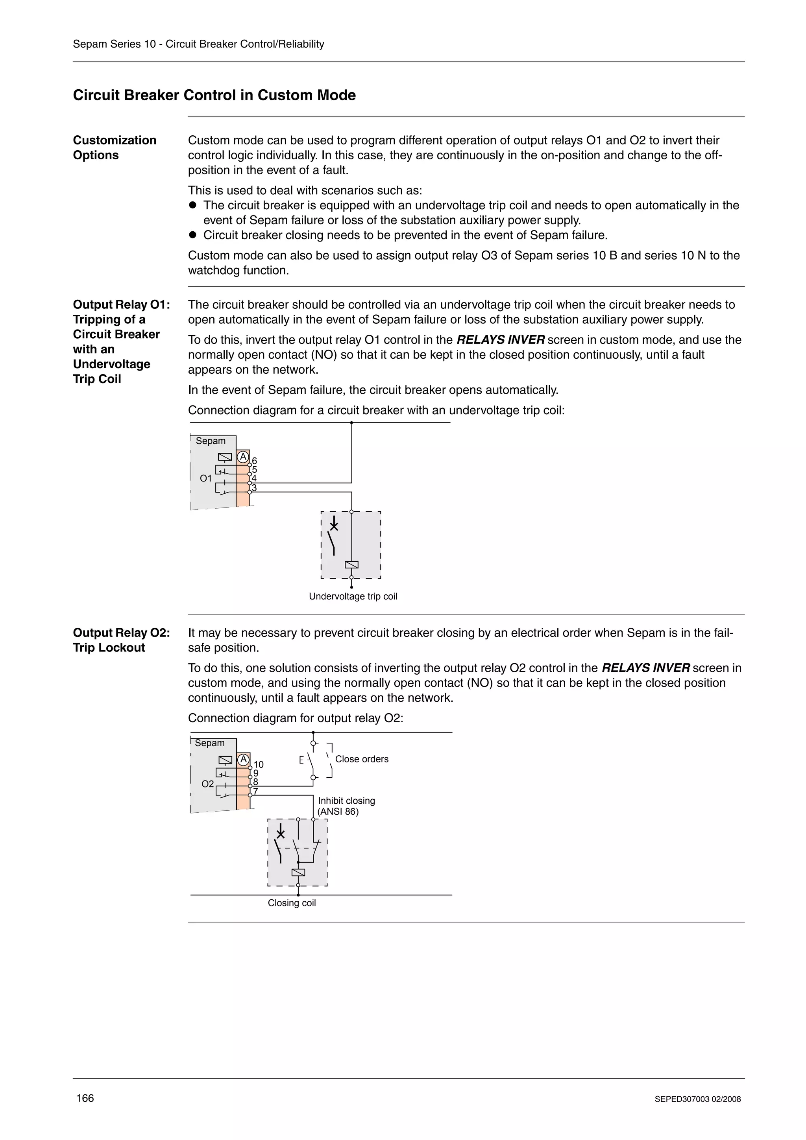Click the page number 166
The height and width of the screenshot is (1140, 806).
tap(85, 1098)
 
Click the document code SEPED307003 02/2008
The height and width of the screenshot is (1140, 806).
tap(697, 1099)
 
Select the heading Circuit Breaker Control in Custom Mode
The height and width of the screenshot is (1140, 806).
tap(214, 95)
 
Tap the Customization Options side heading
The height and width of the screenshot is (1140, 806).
tap(114, 148)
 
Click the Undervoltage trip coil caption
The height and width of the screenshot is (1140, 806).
tap(353, 596)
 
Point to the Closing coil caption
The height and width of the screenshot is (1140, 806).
tap(292, 903)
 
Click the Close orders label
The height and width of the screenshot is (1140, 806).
tap(362, 759)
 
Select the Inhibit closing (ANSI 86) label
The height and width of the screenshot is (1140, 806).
tap(346, 806)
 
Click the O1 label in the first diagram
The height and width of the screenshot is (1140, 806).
tap(205, 478)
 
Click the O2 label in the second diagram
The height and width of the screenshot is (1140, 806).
tap(207, 784)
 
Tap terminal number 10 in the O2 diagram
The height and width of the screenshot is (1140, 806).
tap(259, 765)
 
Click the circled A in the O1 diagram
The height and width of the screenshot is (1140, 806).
tap(243, 456)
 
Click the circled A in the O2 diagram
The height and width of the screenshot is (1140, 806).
tap(243, 760)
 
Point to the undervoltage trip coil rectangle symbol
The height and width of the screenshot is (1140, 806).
tap(351, 564)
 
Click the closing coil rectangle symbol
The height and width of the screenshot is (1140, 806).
tap(298, 873)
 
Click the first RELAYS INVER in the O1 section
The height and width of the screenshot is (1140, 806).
tap(500, 340)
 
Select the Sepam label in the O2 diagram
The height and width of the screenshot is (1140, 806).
tap(210, 743)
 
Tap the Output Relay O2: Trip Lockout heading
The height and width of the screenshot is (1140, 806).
tap(121, 640)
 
